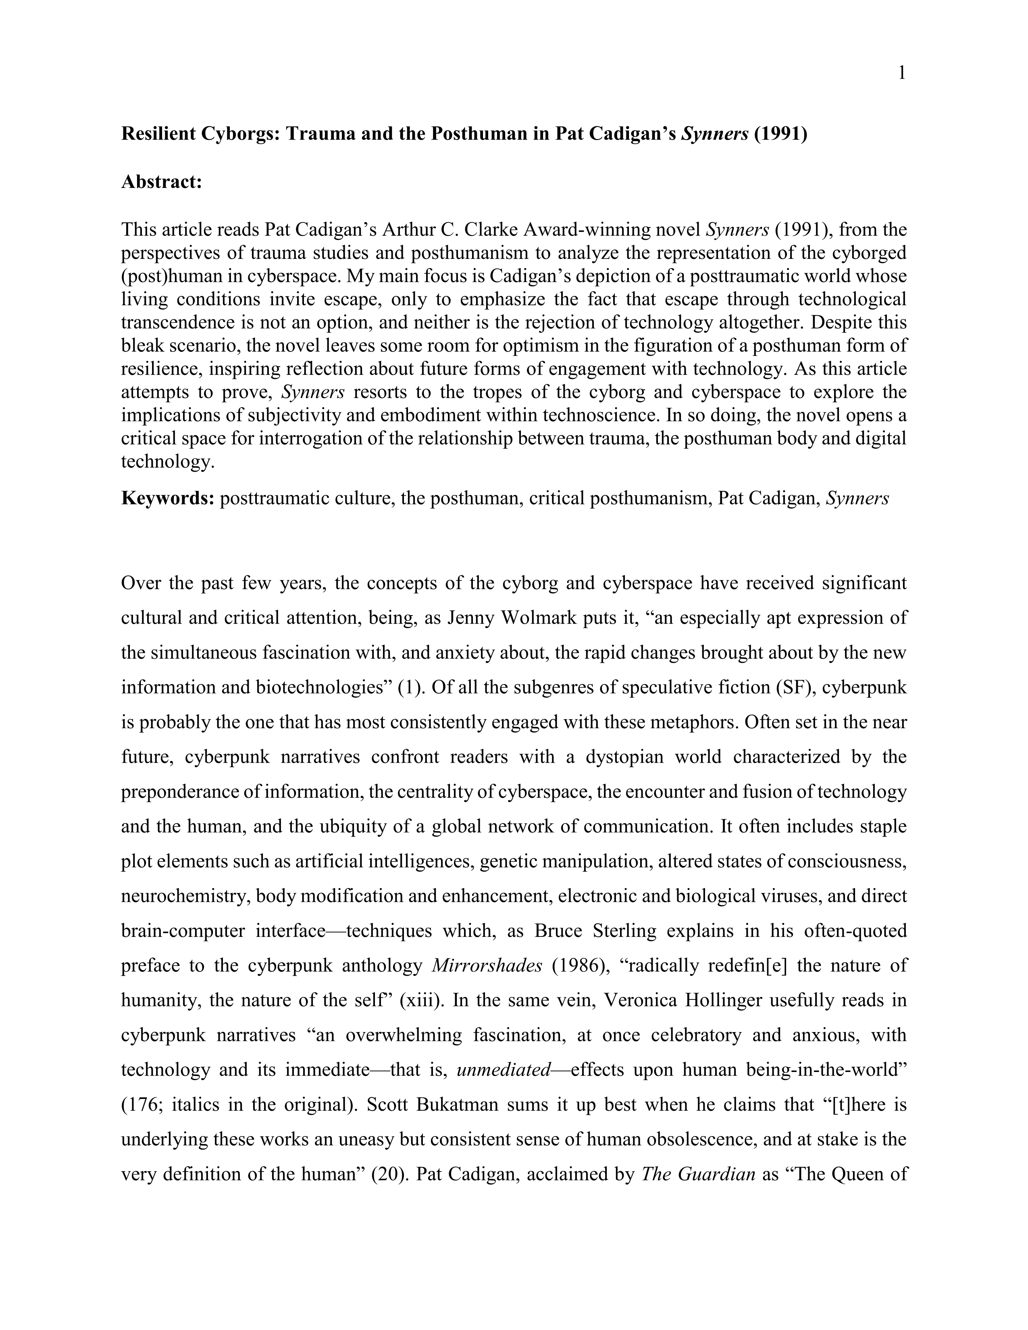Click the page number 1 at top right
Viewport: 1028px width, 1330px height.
pyautogui.click(x=902, y=74)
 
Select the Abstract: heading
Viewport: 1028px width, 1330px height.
pyautogui.click(x=161, y=181)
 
